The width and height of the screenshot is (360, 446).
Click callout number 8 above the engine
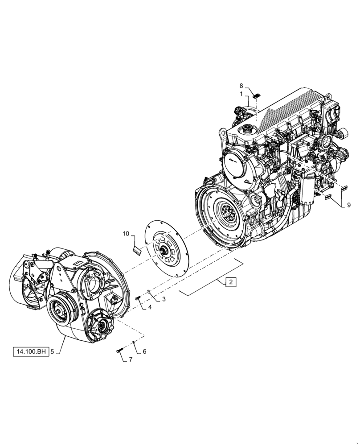(241, 86)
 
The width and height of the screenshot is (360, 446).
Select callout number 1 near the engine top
(241, 94)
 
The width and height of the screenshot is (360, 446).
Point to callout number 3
(164, 299)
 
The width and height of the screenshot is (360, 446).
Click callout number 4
(150, 307)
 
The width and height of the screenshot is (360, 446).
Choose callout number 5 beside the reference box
(52, 352)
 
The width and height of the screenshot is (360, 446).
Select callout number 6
(144, 351)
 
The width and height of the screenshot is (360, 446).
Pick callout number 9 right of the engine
(348, 206)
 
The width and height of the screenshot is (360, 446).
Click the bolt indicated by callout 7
(119, 351)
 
